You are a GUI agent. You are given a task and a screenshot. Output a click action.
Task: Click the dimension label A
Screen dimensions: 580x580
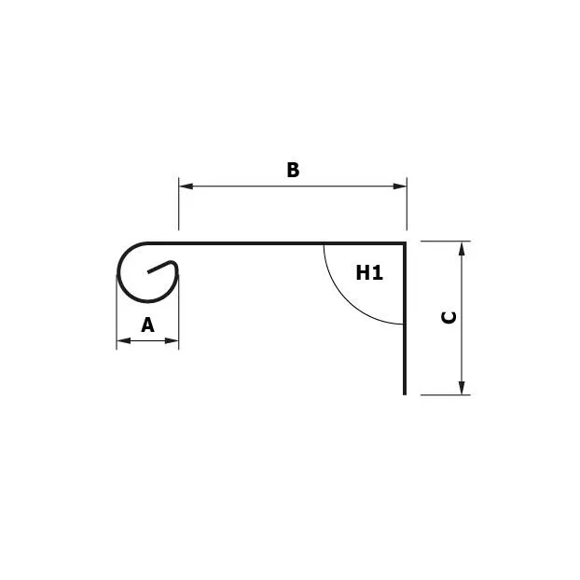pyautogui.click(x=147, y=325)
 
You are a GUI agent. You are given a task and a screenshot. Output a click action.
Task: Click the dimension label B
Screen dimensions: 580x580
pyautogui.click(x=293, y=170)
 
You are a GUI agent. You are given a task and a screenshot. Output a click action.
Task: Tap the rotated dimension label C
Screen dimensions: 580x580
pyautogui.click(x=449, y=318)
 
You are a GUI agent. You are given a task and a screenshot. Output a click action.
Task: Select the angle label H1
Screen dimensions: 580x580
pyautogui.click(x=369, y=273)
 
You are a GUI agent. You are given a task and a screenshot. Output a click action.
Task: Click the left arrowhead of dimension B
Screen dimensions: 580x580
pyautogui.click(x=186, y=186)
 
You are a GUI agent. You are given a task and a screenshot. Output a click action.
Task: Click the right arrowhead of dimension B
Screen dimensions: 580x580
pyautogui.click(x=400, y=186)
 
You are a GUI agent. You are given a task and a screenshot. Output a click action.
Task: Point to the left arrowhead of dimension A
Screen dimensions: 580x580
pyautogui.click(x=123, y=340)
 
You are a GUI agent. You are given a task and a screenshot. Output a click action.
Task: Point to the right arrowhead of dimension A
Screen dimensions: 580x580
pyautogui.click(x=172, y=340)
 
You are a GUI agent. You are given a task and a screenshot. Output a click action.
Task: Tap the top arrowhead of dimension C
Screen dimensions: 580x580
pyautogui.click(x=462, y=248)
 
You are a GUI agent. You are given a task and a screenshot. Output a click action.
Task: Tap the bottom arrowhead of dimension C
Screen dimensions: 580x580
pyautogui.click(x=462, y=388)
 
